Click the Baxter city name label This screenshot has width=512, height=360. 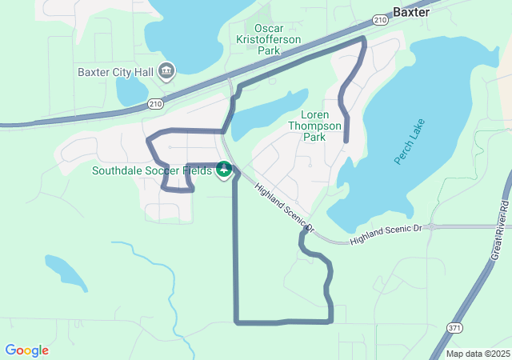coord(412,12)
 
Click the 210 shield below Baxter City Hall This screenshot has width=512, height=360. coord(155,103)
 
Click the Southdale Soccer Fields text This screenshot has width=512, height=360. coord(151,170)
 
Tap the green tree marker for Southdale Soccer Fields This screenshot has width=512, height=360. coord(225,170)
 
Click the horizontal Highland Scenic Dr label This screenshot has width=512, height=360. coord(385,229)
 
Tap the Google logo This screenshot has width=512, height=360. coord(26,350)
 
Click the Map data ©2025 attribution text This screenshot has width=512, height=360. coord(476,354)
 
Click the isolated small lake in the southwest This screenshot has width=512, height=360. coord(65,273)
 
